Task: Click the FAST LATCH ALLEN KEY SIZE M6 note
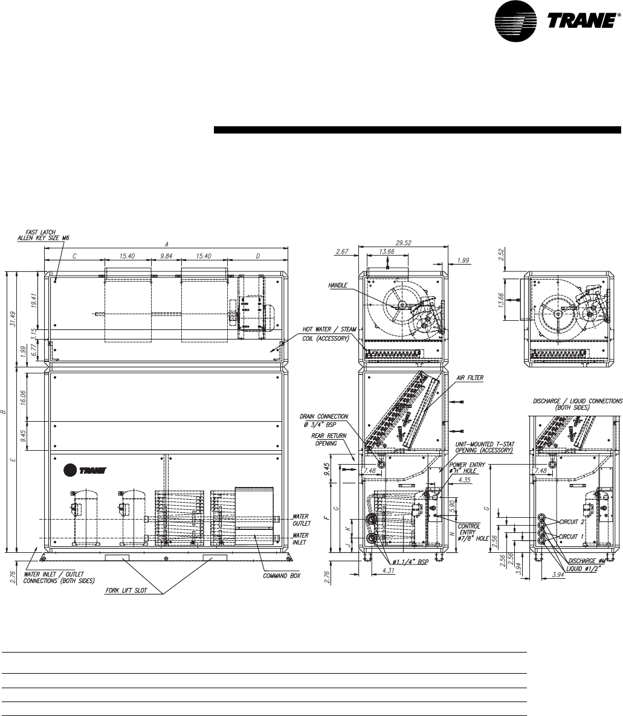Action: tap(44, 235)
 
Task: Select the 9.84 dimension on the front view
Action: tap(166, 256)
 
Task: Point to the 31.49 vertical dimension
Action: tap(13, 319)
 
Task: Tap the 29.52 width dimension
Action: tap(404, 243)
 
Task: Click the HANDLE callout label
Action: tap(338, 285)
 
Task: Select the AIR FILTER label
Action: tap(470, 378)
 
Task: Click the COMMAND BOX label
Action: tap(282, 576)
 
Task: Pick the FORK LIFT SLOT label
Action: tap(126, 590)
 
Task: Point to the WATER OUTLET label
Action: tap(301, 520)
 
